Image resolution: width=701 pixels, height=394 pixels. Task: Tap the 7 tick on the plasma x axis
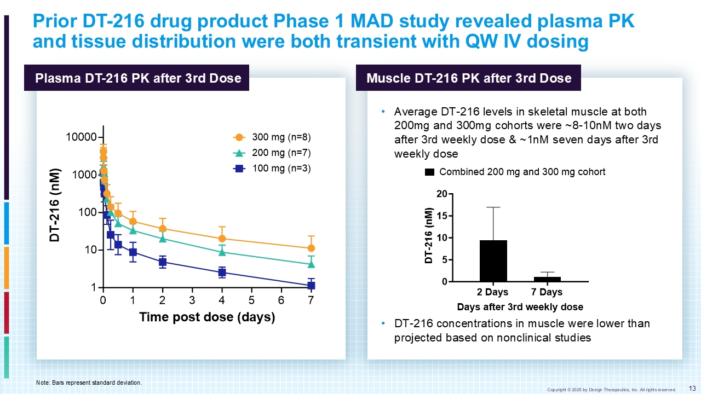(x=311, y=300)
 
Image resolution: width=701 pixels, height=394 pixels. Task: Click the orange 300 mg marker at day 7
(x=311, y=248)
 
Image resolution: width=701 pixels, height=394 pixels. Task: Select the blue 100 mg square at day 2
(x=163, y=262)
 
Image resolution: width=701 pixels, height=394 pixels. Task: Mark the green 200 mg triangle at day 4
(x=222, y=252)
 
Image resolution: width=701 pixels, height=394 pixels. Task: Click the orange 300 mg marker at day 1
(x=133, y=222)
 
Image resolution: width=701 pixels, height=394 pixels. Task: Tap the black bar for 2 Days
(x=493, y=261)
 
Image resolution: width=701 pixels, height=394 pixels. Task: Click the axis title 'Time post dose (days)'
(x=206, y=317)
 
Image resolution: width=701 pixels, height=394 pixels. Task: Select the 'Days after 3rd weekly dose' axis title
(x=520, y=306)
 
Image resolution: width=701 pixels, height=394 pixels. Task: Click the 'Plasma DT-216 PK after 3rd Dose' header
(x=138, y=78)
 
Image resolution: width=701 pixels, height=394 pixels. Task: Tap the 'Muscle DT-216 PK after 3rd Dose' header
(x=469, y=78)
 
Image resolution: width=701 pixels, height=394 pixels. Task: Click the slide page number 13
(x=692, y=388)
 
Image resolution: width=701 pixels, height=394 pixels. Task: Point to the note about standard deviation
(x=89, y=383)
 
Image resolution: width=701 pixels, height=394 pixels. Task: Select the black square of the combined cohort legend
(x=429, y=172)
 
